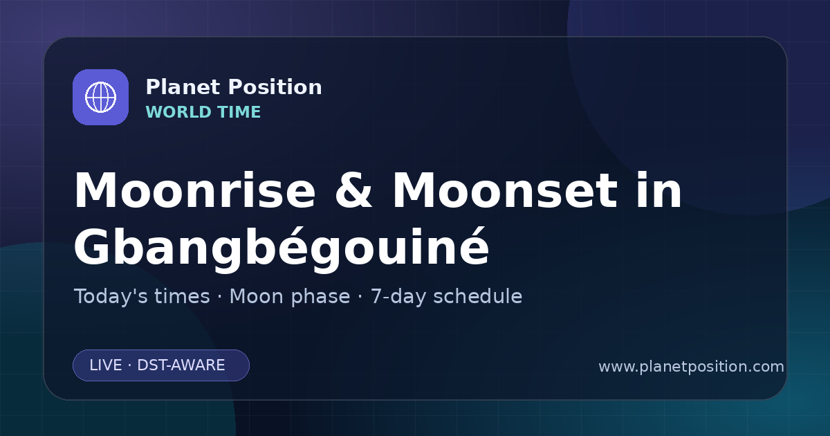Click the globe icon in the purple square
coord(100,97)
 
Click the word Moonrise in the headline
coord(195,190)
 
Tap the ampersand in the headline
coord(353,190)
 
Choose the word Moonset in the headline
coord(505,190)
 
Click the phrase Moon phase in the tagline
coord(290,297)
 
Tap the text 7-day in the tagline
coord(398,297)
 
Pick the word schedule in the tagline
coord(478,296)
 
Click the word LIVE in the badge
coord(106,365)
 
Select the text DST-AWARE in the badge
coord(181,365)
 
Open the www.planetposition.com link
coord(692,367)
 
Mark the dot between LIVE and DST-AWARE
coord(130,365)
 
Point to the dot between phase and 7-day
coord(360,297)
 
